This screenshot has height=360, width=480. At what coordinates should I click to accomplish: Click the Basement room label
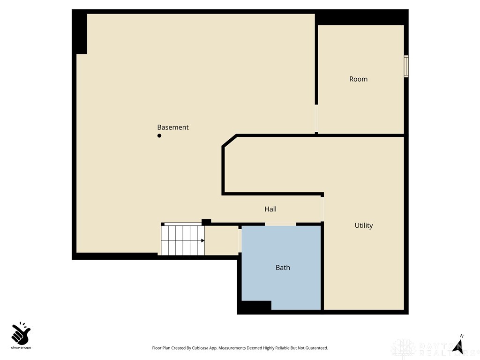point(172,127)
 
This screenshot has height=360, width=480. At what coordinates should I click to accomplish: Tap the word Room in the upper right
point(358,79)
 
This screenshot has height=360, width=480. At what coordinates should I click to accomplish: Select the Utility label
point(363,225)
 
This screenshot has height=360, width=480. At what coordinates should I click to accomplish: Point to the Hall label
point(270,209)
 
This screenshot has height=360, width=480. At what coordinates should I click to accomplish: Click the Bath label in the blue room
point(282,267)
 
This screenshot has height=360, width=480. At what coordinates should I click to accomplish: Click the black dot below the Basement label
point(159,136)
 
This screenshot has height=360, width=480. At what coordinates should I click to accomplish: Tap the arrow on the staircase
point(202,240)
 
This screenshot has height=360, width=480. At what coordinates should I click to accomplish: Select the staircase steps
point(183,240)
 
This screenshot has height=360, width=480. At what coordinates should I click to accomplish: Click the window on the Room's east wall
point(406,66)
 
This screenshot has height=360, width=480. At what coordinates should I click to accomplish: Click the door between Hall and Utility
point(322,209)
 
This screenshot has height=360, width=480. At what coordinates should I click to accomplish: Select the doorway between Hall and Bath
point(280,224)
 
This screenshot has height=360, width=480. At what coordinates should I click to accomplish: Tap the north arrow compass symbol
point(458,345)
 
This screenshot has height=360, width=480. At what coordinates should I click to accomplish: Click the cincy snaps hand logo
point(21,333)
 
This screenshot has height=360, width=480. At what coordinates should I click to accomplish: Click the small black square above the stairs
point(206,221)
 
